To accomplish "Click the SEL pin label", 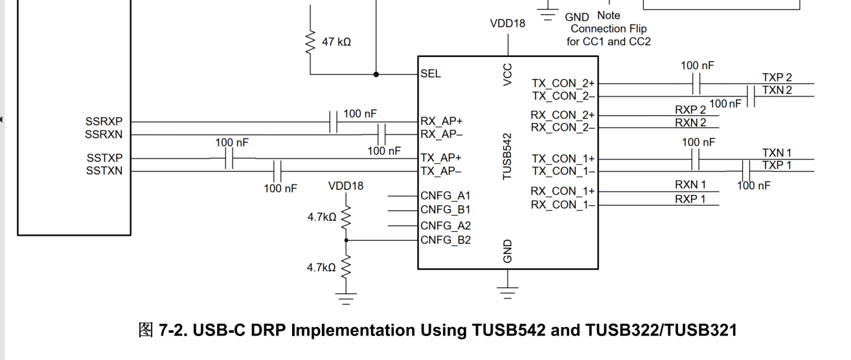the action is (x=431, y=74).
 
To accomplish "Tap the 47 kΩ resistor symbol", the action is (x=310, y=41).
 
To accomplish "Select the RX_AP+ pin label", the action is (x=442, y=121).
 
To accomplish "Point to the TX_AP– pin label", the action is (x=441, y=172).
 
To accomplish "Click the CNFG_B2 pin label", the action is (x=446, y=240).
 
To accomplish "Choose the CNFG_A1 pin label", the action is (x=446, y=196).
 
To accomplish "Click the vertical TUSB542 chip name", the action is (x=508, y=157).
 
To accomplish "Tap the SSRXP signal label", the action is (x=104, y=122).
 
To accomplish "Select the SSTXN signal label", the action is (x=104, y=171).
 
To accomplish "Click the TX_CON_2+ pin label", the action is (x=563, y=83).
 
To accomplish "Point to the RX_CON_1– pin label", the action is (x=563, y=205).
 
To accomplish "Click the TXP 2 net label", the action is (x=777, y=78).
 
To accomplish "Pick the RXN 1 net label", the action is (x=690, y=185).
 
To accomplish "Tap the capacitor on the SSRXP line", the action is (x=333, y=122).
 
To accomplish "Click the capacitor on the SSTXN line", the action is (x=277, y=172).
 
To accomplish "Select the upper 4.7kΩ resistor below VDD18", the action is (x=346, y=218).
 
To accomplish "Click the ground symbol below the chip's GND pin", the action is (x=508, y=293).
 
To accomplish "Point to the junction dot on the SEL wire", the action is (x=376, y=74).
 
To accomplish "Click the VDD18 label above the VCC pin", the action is (x=508, y=23).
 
